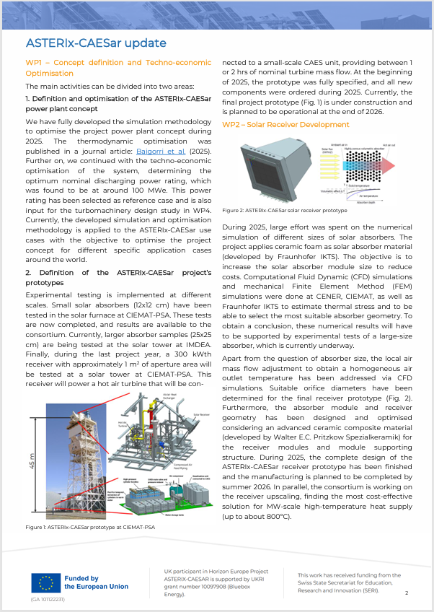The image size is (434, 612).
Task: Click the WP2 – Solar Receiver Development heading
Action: pyautogui.click(x=285, y=125)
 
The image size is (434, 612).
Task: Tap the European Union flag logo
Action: pyautogui.click(x=45, y=582)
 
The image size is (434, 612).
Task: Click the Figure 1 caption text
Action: pyautogui.click(x=90, y=527)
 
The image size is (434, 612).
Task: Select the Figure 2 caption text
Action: pyautogui.click(x=284, y=211)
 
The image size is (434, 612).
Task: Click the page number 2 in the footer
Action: pyautogui.click(x=407, y=593)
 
